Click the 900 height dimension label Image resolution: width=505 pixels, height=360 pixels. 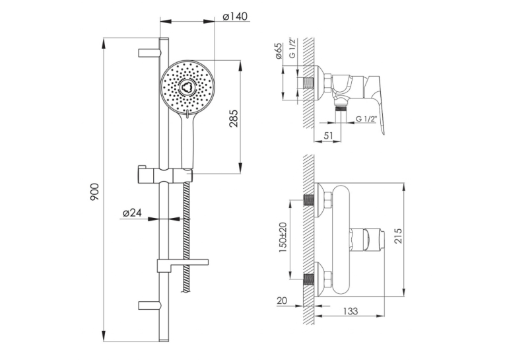94,192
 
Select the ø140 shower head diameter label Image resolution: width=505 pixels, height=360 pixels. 235,16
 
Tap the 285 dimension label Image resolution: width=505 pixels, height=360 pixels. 234,118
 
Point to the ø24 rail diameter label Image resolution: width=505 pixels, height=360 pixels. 133,213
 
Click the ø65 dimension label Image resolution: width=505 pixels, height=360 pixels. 279,51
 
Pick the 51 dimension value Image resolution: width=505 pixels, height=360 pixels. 327,135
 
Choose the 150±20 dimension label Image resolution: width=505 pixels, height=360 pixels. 283,237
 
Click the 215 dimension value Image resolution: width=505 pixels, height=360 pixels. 398,236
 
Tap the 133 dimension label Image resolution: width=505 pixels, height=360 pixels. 350,311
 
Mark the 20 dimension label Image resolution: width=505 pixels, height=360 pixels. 282,301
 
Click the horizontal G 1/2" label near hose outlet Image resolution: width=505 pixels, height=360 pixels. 366,119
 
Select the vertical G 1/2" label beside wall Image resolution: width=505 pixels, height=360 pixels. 292,48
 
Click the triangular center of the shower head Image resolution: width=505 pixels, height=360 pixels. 187,87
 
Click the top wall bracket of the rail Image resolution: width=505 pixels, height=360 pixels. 149,54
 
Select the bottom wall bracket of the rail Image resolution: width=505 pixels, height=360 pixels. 149,305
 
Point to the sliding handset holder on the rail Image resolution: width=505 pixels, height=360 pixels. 165,176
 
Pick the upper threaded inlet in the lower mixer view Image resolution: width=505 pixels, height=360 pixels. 309,201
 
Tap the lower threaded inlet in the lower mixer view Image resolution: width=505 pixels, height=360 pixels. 309,280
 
